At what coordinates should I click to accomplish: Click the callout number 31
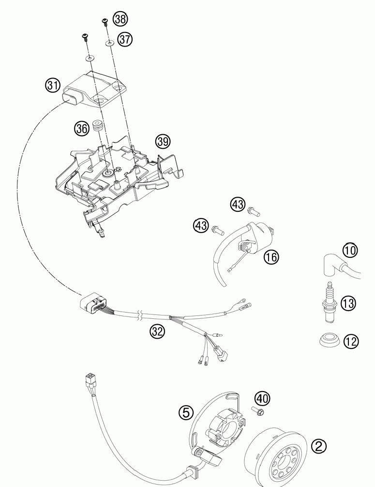pos(53,85)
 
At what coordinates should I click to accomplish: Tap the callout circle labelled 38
pos(120,19)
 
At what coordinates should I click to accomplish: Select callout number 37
pos(124,39)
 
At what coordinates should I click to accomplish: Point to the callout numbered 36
pos(82,128)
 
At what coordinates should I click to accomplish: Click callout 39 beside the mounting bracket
pos(163,141)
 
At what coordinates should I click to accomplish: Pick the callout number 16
pos(271,256)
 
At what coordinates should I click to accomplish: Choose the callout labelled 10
pos(350,250)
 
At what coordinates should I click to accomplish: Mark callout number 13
pos(348,303)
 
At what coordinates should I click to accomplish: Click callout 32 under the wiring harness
pos(157,331)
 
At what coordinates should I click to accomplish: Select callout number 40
pos(263,399)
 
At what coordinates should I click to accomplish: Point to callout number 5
pos(186,412)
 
